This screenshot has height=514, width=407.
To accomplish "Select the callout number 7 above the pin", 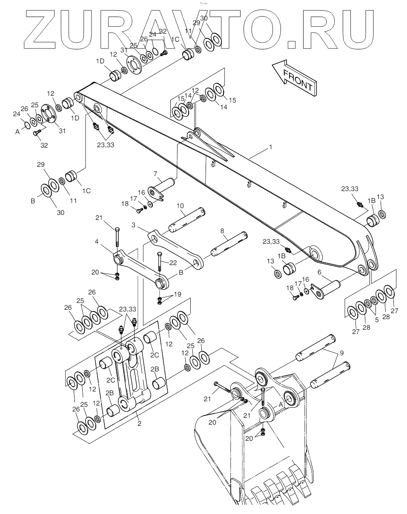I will (x=156, y=174).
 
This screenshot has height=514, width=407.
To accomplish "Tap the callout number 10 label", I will (x=181, y=206).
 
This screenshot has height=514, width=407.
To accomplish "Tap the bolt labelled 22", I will (x=159, y=262).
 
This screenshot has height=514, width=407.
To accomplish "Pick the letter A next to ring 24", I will (x=17, y=132).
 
